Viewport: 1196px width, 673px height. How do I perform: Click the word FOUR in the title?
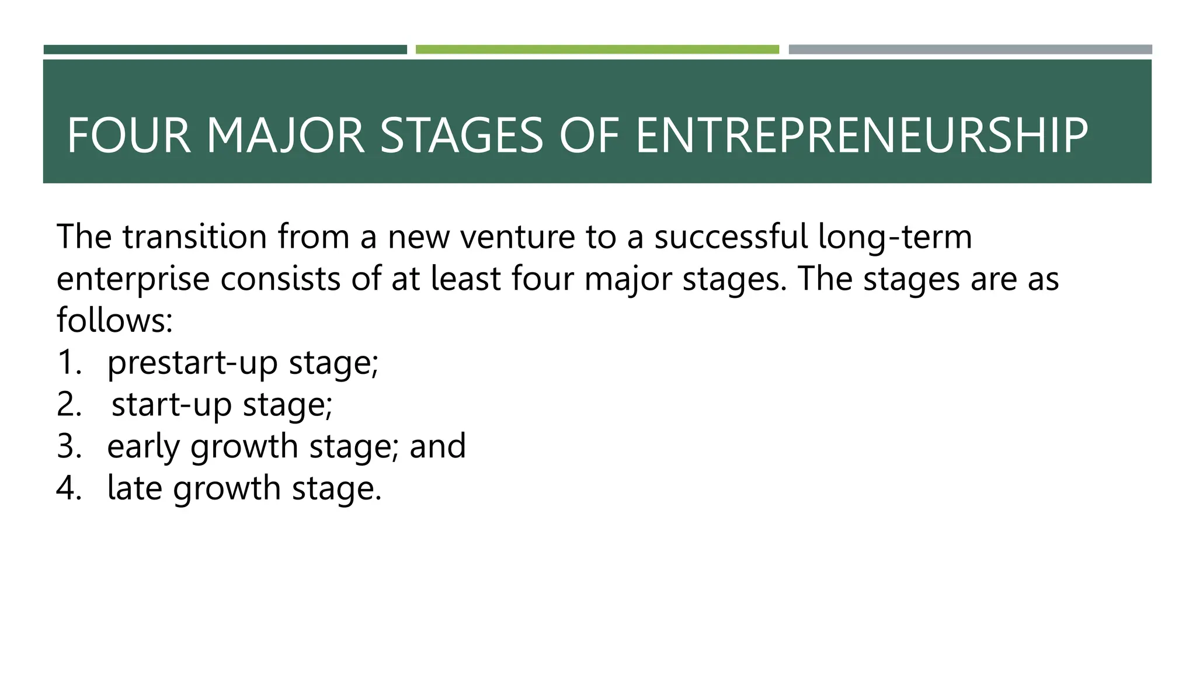pyautogui.click(x=129, y=136)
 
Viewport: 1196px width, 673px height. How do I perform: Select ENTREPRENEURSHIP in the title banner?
pyautogui.click(x=861, y=136)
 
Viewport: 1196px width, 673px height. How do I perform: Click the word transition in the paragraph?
pyautogui.click(x=194, y=237)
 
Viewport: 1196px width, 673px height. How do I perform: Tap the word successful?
pyautogui.click(x=731, y=237)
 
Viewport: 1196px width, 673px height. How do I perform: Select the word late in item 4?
pyautogui.click(x=135, y=488)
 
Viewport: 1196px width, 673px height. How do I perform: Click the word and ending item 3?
pyautogui.click(x=437, y=446)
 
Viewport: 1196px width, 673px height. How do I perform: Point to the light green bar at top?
pyautogui.click(x=597, y=50)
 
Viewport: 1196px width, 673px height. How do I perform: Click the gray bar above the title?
pyautogui.click(x=970, y=50)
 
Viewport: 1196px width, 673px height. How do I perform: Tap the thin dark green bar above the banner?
pyautogui.click(x=225, y=50)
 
